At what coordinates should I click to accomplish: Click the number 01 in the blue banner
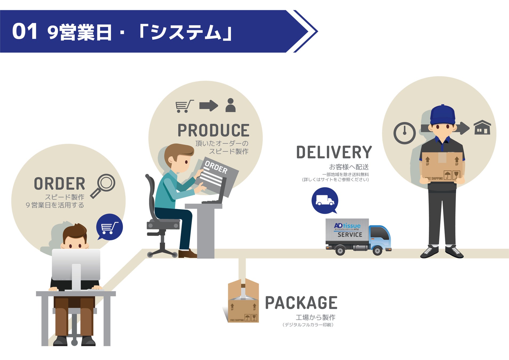coord(25,31)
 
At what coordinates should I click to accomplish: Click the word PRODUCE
coord(213,130)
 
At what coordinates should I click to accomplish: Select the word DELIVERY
coord(334,152)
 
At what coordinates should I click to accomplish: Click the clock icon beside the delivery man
coord(404,133)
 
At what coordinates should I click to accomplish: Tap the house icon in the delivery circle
coord(482,127)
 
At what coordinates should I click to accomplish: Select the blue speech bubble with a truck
coord(325,201)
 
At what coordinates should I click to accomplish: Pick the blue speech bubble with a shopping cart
coord(110,227)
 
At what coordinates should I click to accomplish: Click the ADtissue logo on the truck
coord(347,226)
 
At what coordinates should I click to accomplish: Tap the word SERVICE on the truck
coord(350,235)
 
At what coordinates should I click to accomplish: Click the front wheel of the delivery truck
coord(377,251)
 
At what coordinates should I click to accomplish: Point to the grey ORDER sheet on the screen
coord(217,176)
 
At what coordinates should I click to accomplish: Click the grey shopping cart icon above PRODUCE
coord(184,106)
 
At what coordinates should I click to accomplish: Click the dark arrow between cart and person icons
coord(209,105)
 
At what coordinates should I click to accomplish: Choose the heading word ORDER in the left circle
coord(59,184)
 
